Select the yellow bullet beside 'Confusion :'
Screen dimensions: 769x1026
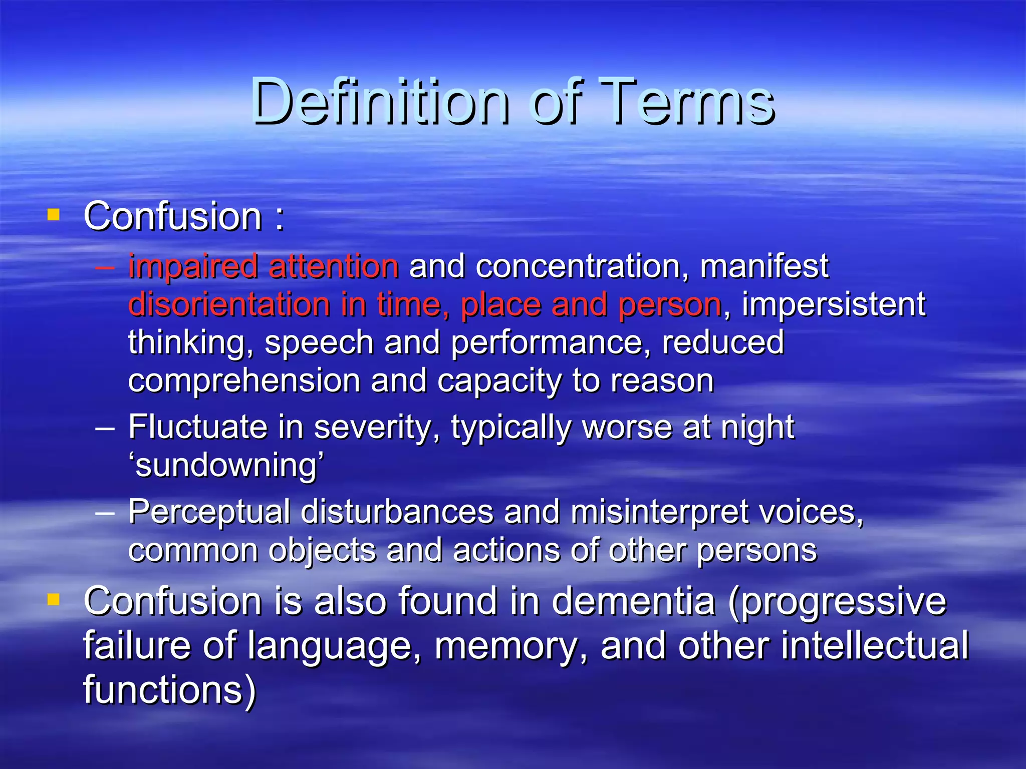coord(53,215)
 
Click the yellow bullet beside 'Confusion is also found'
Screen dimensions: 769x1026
coord(53,599)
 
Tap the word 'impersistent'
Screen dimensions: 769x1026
coord(833,305)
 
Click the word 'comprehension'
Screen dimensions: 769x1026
coord(244,382)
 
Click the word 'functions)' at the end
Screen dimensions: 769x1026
coord(169,690)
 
